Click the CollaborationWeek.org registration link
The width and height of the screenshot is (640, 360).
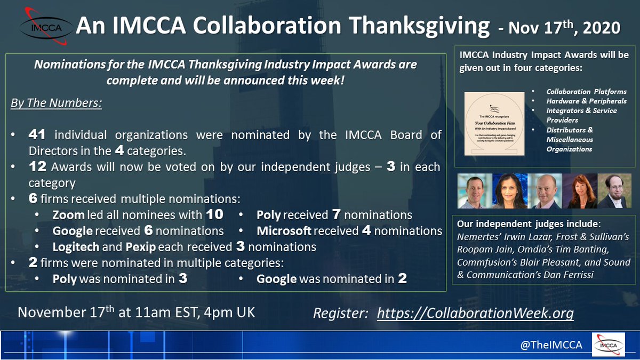click(x=475, y=313)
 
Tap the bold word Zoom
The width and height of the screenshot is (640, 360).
click(x=68, y=215)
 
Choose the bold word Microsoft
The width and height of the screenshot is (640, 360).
click(x=284, y=231)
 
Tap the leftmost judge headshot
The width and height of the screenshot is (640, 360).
click(x=472, y=191)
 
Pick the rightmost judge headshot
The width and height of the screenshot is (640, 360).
click(x=614, y=191)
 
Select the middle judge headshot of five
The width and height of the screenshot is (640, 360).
click(x=543, y=191)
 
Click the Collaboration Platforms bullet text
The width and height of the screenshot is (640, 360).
click(x=586, y=91)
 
